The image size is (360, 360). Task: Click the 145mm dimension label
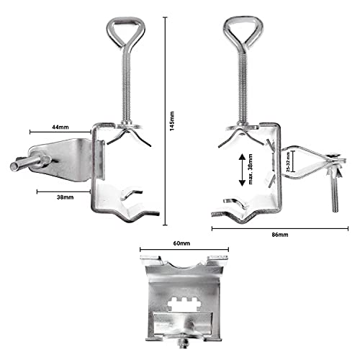pos(172,121)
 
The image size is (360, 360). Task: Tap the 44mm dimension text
pos(60,127)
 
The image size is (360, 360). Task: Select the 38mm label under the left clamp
pos(65,197)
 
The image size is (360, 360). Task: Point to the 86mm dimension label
pos(280,235)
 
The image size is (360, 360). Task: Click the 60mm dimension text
pos(181,243)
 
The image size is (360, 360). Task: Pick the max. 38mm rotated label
pos(251,169)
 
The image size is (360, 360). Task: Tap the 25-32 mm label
pos(288,162)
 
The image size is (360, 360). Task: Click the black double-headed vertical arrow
pos(242,170)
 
